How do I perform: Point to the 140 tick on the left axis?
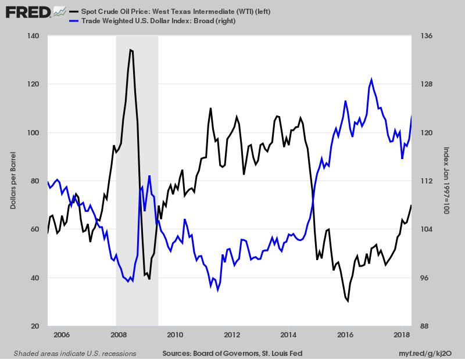click(33, 36)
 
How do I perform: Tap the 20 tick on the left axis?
click(35, 326)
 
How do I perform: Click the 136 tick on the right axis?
click(427, 36)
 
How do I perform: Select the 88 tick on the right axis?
click(425, 326)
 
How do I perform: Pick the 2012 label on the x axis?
click(232, 335)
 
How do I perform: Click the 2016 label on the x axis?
click(346, 335)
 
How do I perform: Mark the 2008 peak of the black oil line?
click(131, 50)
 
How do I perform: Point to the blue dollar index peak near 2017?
click(371, 80)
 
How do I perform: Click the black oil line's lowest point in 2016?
click(348, 301)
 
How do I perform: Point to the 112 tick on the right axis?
click(425, 181)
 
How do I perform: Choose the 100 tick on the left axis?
click(33, 133)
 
